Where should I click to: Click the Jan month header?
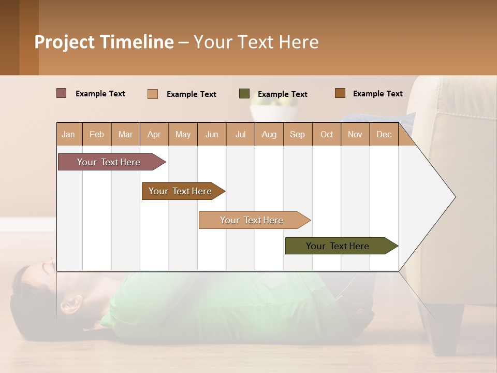point(68,134)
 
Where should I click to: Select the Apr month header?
point(154,134)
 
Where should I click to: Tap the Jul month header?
point(240,134)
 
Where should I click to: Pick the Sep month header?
point(297,134)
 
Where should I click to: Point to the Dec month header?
point(384,134)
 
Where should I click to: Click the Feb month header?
point(97,134)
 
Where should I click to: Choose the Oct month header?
point(327,134)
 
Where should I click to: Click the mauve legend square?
point(62,93)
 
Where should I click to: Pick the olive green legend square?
point(244,94)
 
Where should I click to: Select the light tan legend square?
point(153,94)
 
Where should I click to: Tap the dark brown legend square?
point(340,93)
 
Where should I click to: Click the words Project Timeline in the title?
point(104,42)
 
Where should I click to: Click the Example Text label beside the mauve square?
point(100,94)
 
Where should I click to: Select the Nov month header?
point(355,134)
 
